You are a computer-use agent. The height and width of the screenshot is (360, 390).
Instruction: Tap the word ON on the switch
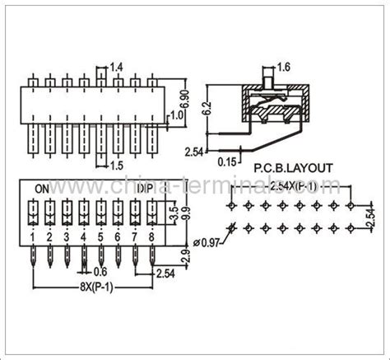click(42, 188)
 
